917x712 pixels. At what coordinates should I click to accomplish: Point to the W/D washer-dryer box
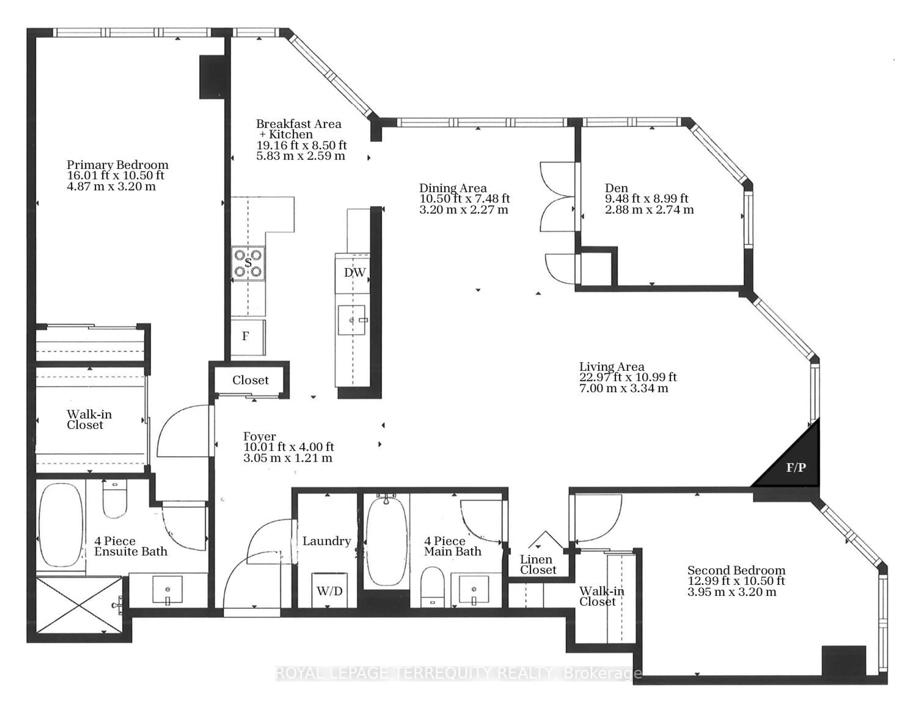point(330,591)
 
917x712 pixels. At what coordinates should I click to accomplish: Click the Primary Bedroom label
point(117,165)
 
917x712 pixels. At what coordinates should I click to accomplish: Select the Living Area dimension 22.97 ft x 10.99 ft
point(628,377)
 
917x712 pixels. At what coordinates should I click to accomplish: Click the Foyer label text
point(260,436)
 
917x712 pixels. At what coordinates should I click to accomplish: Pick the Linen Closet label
point(538,564)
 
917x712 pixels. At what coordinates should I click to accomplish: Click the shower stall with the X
point(79,605)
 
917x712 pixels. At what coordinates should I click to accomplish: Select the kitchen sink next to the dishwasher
point(352,320)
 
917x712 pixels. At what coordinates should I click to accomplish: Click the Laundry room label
point(327,541)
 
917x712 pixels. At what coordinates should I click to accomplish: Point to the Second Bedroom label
point(736,570)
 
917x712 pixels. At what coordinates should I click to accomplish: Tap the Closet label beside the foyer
point(250,380)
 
